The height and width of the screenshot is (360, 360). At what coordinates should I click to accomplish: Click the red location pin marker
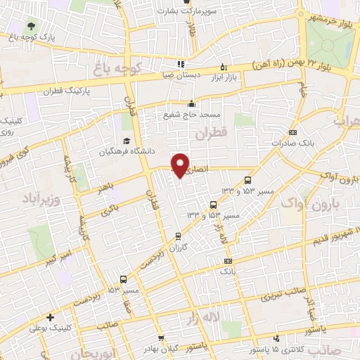click(x=181, y=165)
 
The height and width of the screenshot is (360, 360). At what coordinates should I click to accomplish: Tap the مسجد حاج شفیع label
click(x=193, y=114)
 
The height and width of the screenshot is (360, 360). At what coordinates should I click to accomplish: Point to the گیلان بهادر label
click(x=157, y=349)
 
